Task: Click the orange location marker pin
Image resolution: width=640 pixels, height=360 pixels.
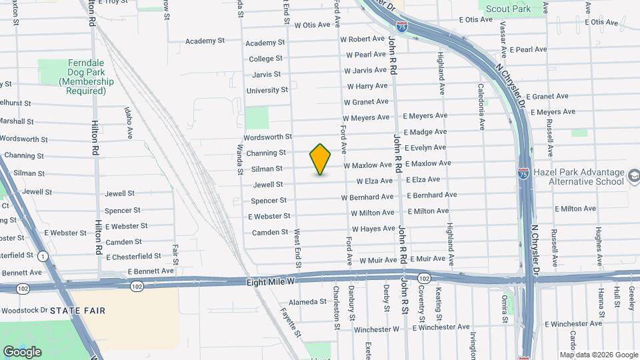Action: click(x=321, y=159)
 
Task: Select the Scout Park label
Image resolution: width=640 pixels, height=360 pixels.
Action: click(x=508, y=9)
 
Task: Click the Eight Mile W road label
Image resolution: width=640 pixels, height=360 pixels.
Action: click(x=270, y=283)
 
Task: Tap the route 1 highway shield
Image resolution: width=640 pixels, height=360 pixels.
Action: click(x=43, y=256)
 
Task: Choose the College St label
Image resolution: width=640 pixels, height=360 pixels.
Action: click(x=267, y=59)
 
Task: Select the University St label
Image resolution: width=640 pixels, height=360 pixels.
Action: click(x=267, y=90)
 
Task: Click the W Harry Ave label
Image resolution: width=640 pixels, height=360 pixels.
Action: click(x=367, y=86)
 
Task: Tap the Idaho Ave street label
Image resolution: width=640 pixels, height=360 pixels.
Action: click(x=128, y=123)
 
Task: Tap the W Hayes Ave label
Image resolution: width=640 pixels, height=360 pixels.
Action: click(x=373, y=229)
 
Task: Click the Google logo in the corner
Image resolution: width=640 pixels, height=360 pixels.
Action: click(x=22, y=352)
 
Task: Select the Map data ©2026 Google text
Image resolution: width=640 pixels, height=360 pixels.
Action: click(x=598, y=355)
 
